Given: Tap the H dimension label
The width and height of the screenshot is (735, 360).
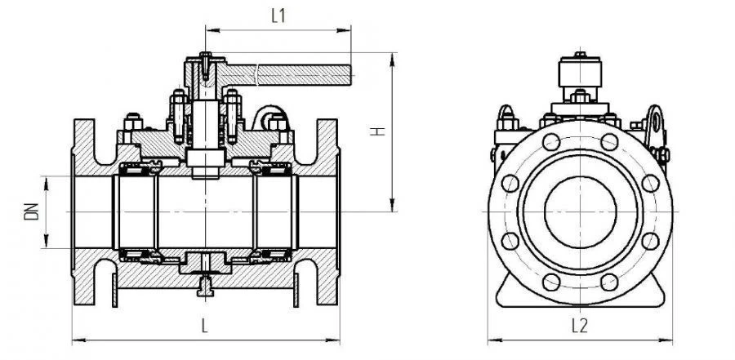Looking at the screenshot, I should (x=378, y=131).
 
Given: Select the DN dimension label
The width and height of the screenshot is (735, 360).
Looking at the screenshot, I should (x=31, y=212).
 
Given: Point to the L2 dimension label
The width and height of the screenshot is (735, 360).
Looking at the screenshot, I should (x=579, y=326).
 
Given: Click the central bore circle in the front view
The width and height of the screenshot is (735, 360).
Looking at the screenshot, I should (x=580, y=211).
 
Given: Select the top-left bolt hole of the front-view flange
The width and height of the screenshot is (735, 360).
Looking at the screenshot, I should (x=550, y=142).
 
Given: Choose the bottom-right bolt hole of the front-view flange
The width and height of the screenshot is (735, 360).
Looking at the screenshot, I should (x=609, y=282).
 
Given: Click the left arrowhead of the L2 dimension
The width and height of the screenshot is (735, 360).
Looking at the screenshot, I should (x=491, y=340).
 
